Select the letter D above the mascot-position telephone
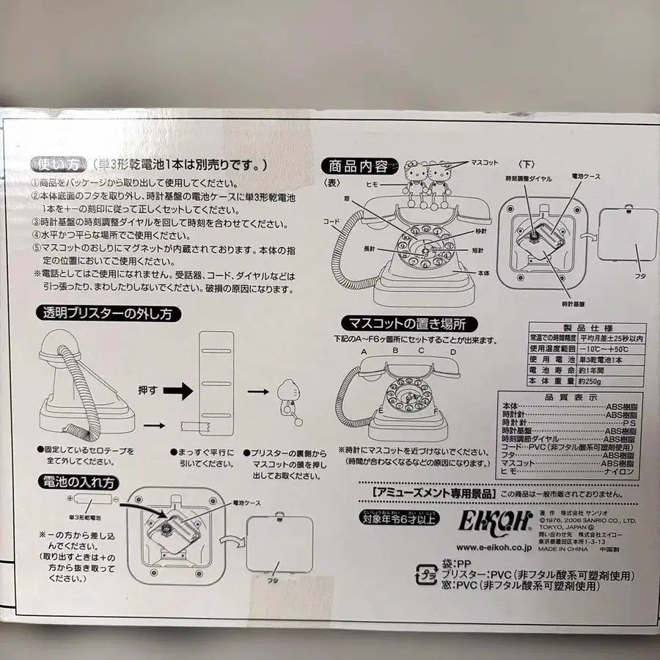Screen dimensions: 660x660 (x=454, y=352)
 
